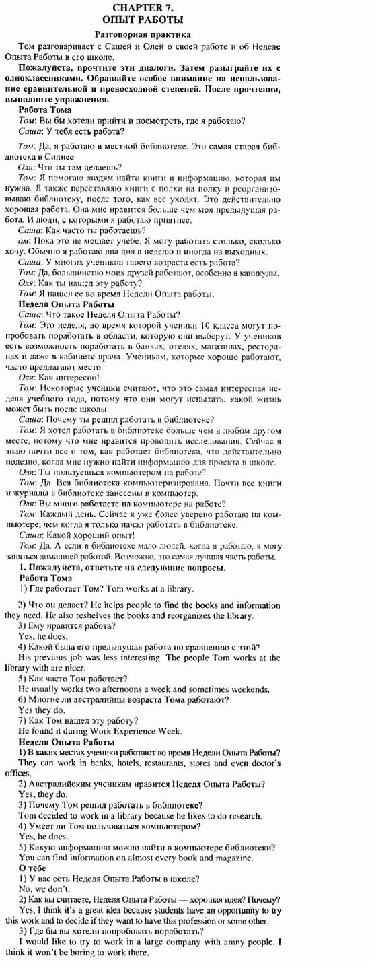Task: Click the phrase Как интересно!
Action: tap(71, 377)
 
